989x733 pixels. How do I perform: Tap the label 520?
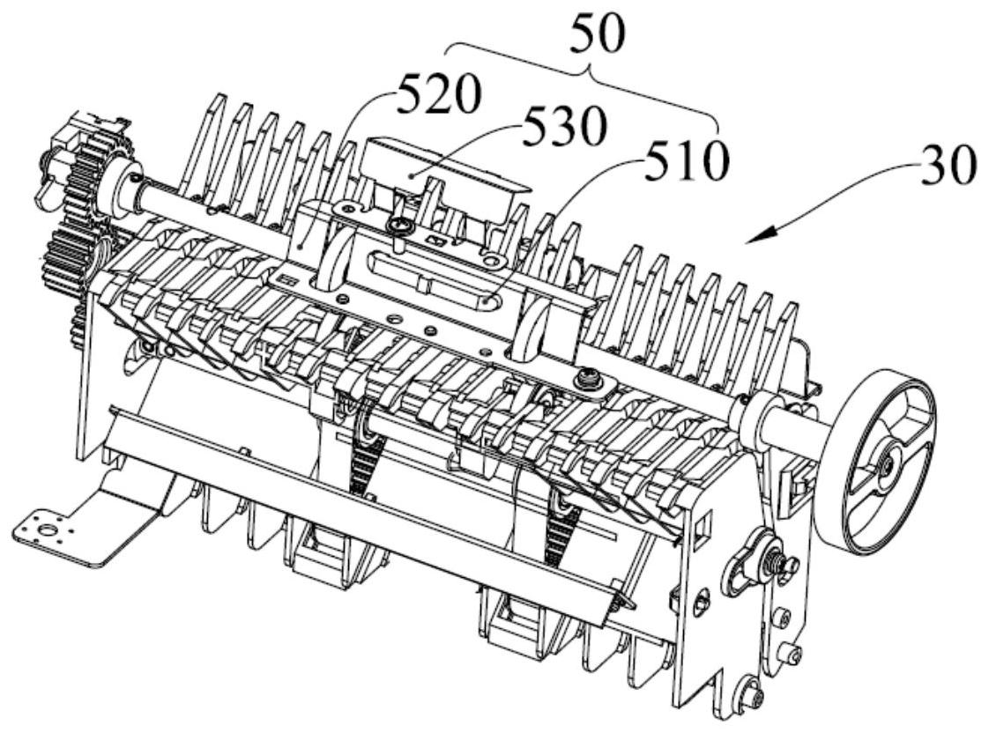coord(437,97)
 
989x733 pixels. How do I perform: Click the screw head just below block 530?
coord(399,227)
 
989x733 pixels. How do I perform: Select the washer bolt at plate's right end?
coord(583,379)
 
